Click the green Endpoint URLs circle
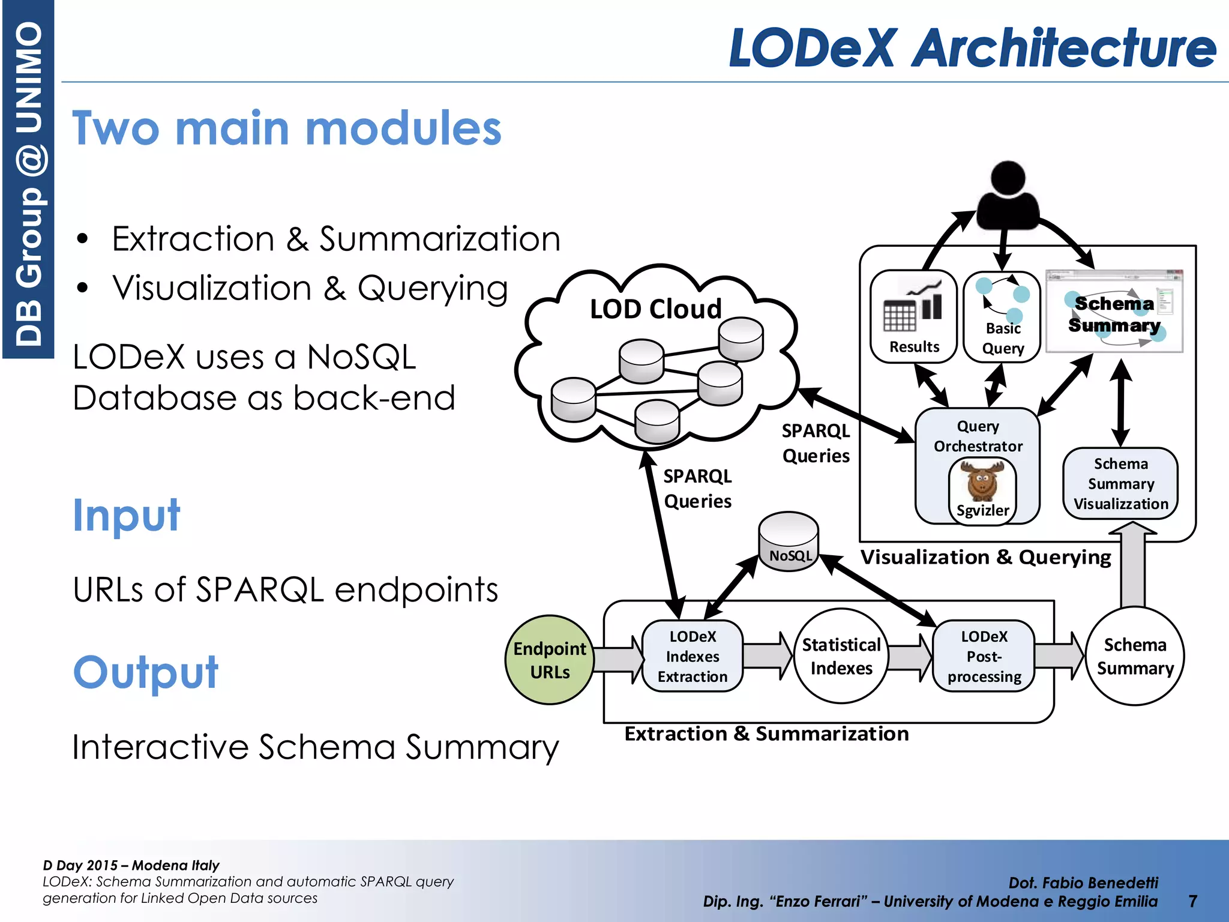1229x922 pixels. pyautogui.click(x=550, y=660)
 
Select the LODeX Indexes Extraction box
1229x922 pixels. pyautogui.click(x=692, y=656)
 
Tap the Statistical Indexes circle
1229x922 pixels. pyautogui.click(x=841, y=656)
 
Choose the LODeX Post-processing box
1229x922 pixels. pyautogui.click(x=984, y=656)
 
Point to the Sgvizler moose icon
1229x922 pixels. pyautogui.click(x=982, y=480)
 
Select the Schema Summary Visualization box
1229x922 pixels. pyautogui.click(x=1120, y=483)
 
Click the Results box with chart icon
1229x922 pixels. pyautogui.click(x=913, y=317)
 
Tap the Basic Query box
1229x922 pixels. pyautogui.click(x=1002, y=317)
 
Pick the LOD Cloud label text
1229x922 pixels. pyautogui.click(x=655, y=309)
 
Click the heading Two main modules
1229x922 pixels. pyautogui.click(x=286, y=128)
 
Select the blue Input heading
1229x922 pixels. pyautogui.click(x=126, y=515)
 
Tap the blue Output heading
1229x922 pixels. pyautogui.click(x=146, y=672)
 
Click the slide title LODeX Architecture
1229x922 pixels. pyautogui.click(x=972, y=48)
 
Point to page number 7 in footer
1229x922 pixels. pyautogui.click(x=1192, y=901)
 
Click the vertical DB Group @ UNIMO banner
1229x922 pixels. pyautogui.click(x=28, y=180)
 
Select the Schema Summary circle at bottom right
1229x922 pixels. pyautogui.click(x=1135, y=656)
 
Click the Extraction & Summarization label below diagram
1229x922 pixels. pyautogui.click(x=766, y=734)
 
